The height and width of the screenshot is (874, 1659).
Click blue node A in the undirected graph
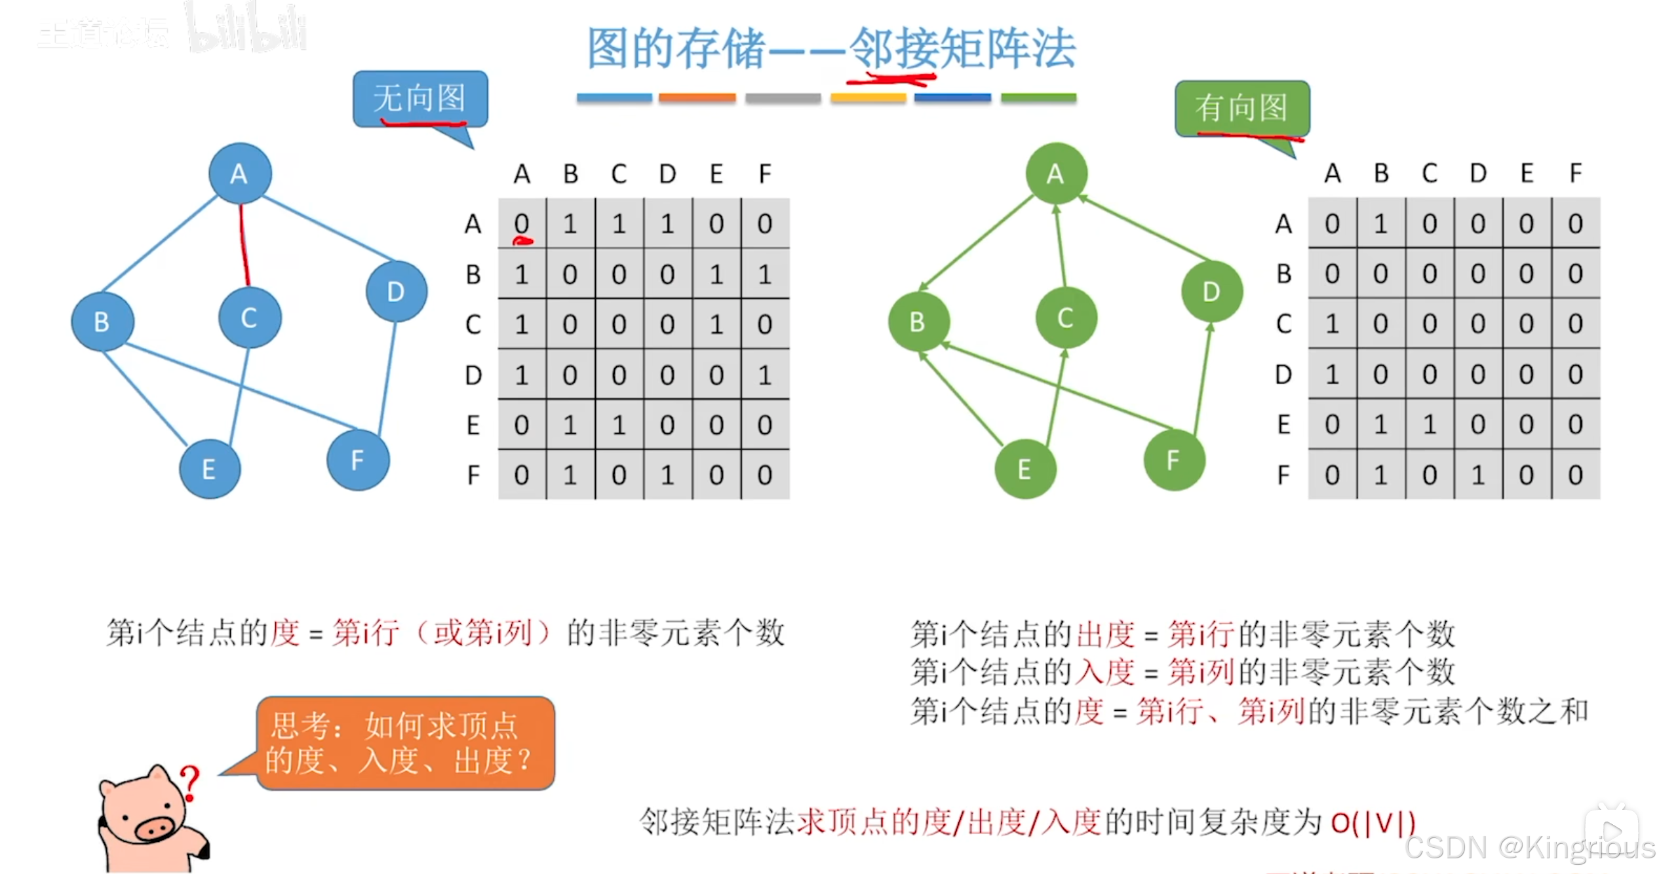point(239,174)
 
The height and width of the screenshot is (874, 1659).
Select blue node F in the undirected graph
point(357,460)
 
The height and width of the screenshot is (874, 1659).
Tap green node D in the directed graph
point(1211,292)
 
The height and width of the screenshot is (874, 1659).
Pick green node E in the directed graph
point(1025,469)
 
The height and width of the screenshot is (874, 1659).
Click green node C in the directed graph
point(1065,318)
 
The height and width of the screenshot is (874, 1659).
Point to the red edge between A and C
point(244,246)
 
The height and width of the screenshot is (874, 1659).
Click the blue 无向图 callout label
point(420,99)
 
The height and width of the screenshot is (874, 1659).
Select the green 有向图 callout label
point(1241,108)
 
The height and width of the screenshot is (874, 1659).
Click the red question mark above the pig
point(190,783)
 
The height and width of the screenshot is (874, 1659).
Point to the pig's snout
point(155,829)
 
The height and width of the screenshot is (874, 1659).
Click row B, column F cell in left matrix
point(764,274)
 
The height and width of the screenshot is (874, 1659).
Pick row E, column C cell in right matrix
point(1429,425)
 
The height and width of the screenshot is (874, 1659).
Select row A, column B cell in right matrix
point(1380,224)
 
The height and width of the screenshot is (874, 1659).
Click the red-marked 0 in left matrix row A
point(522,224)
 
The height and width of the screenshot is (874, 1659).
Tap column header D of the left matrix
point(667,174)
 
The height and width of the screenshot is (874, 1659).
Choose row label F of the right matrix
point(1283,475)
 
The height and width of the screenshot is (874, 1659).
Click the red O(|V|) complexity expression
point(1373,822)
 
